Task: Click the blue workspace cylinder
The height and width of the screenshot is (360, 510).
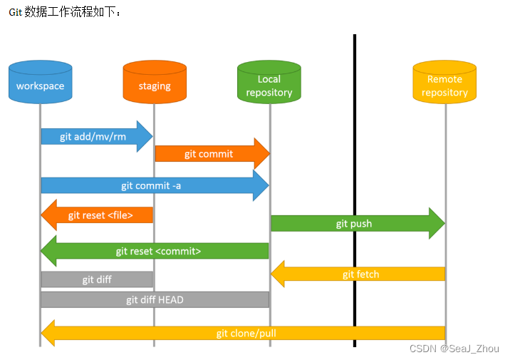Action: (41, 83)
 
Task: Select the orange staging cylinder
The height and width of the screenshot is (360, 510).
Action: (155, 83)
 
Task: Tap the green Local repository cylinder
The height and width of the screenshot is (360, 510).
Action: (269, 83)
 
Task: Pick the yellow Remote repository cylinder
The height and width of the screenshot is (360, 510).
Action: (444, 83)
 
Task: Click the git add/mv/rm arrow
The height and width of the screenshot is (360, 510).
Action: (93, 136)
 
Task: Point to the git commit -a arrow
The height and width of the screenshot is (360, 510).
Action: (150, 185)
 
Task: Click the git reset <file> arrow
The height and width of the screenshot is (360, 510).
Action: (100, 215)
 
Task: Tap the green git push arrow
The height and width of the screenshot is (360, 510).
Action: (353, 224)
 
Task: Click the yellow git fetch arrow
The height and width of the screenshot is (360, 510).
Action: (360, 274)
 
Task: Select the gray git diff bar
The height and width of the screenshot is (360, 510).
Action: (97, 279)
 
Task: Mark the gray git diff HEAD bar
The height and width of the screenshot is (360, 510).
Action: (155, 299)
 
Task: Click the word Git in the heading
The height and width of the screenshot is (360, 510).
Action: (15, 13)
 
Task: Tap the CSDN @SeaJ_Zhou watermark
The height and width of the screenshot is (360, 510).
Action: (454, 349)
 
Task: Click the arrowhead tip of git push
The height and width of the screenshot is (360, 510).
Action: (441, 224)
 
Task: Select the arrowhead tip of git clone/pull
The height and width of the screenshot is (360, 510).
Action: (46, 333)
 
